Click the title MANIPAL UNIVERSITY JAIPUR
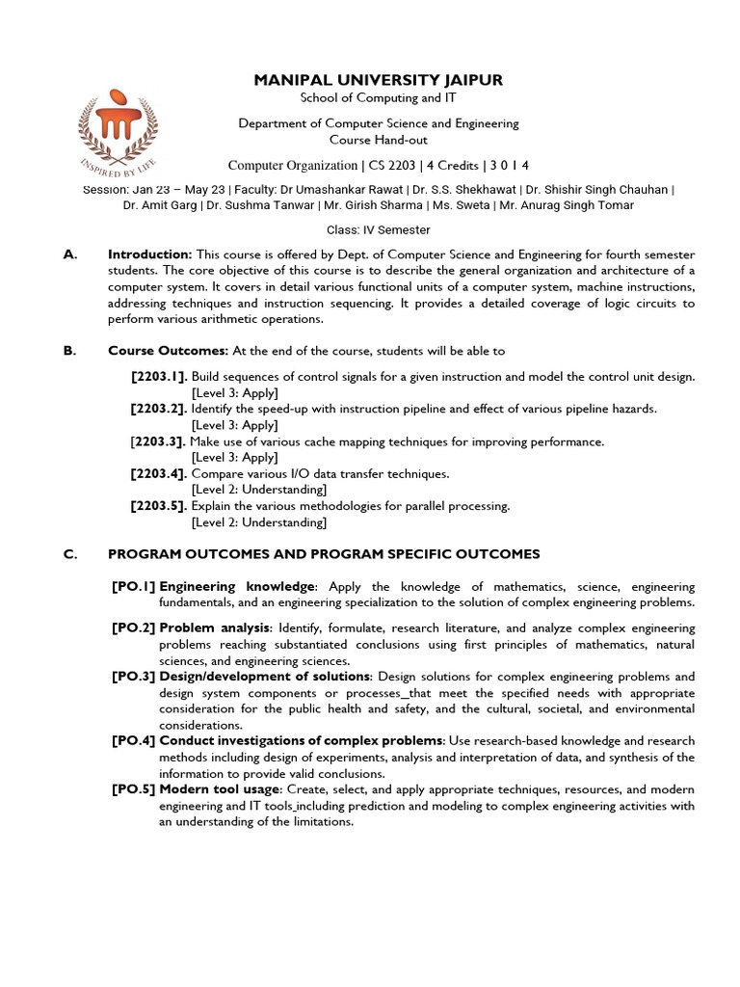[378, 80]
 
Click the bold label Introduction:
[149, 254]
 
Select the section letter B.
[69, 351]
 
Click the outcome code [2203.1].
[159, 376]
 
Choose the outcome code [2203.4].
[159, 474]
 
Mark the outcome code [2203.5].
[159, 506]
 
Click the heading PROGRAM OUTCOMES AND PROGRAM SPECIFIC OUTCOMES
[324, 554]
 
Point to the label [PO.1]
[133, 587]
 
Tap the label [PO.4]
[133, 741]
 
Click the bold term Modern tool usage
[218, 789]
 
